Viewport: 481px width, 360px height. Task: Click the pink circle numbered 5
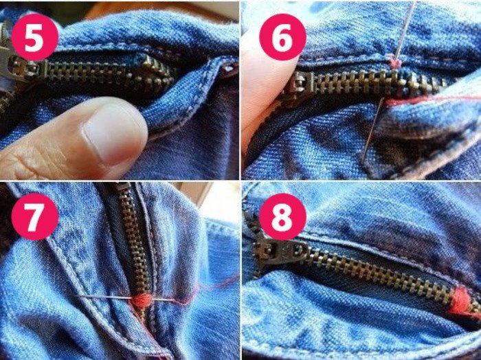pyautogui.click(x=34, y=37)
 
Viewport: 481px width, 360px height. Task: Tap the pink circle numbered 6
pyautogui.click(x=282, y=37)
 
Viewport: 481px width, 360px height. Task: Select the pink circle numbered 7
pyautogui.click(x=34, y=216)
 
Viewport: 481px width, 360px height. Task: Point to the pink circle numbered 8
pyautogui.click(x=282, y=216)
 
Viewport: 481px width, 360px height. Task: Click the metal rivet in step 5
pyautogui.click(x=230, y=69)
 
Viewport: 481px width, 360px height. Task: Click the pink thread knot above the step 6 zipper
pyautogui.click(x=395, y=63)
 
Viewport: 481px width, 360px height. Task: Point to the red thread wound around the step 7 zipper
pyautogui.click(x=142, y=300)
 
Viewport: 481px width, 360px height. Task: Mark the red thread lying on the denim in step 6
pyautogui.click(x=429, y=100)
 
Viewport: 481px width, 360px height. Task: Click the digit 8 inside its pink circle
pyautogui.click(x=282, y=217)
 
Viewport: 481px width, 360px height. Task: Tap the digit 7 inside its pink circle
pyautogui.click(x=34, y=217)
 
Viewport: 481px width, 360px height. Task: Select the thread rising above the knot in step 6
pyautogui.click(x=405, y=30)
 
